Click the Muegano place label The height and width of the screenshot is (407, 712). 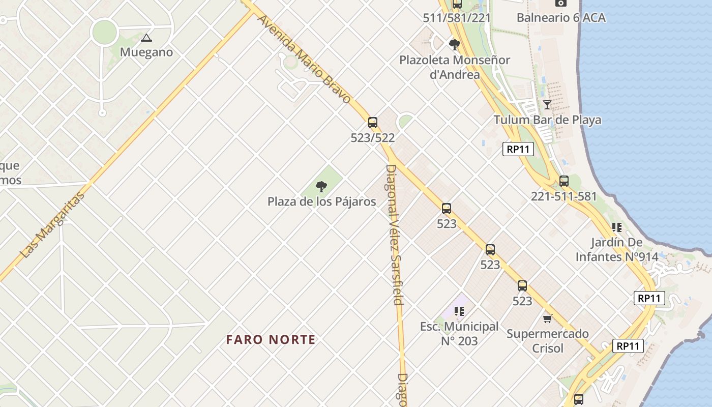click(x=146, y=52)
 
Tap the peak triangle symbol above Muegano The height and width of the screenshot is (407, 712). click(x=146, y=38)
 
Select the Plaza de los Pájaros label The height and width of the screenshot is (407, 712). click(x=322, y=201)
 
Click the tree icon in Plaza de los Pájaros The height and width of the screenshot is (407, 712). click(x=321, y=187)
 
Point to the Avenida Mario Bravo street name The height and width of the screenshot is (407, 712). click(x=304, y=59)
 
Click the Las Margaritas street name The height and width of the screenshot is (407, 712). click(x=52, y=225)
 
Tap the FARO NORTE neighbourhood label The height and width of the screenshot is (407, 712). click(x=271, y=339)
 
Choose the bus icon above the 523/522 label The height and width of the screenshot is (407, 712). click(x=373, y=122)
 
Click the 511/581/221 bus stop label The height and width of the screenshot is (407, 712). click(x=457, y=18)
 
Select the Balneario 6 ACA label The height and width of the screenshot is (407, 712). click(x=561, y=18)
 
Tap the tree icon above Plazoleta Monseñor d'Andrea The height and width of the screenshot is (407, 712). click(x=455, y=44)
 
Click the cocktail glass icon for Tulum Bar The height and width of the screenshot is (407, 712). click(x=547, y=105)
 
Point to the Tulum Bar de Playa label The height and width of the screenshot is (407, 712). click(x=547, y=120)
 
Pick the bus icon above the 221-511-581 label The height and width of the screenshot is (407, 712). click(x=563, y=181)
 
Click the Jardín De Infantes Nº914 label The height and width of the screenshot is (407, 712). click(x=617, y=249)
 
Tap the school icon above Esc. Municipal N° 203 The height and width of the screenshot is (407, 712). click(x=459, y=311)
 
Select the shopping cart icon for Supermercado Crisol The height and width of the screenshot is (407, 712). click(x=547, y=318)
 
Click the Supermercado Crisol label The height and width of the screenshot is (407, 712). click(x=547, y=341)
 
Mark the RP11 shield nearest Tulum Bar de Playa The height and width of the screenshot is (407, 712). click(x=518, y=149)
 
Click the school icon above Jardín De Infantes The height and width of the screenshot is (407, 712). click(x=617, y=227)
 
